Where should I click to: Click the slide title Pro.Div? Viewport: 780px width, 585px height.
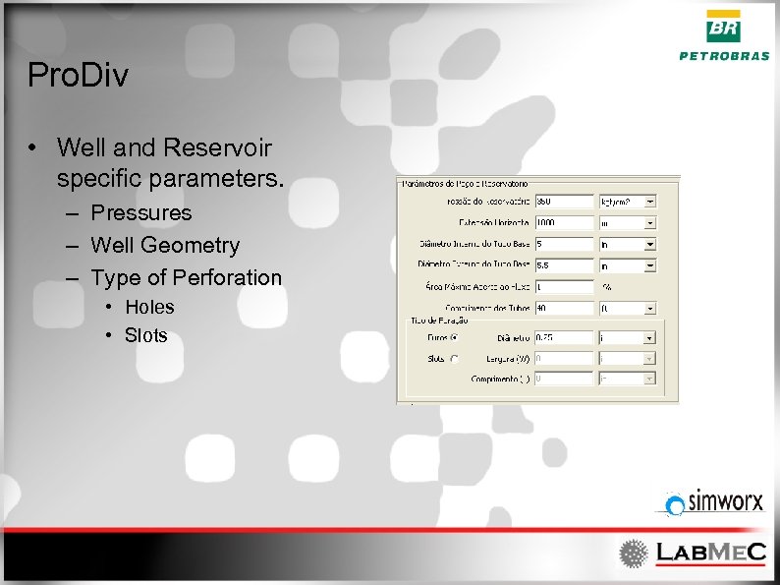(x=78, y=75)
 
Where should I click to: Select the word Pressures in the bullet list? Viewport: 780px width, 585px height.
(x=140, y=212)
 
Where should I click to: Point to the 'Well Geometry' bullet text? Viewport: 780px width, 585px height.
(x=164, y=245)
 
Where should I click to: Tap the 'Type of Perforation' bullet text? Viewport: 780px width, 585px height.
(x=186, y=277)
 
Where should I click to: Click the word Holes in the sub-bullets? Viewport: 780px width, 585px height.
(x=149, y=307)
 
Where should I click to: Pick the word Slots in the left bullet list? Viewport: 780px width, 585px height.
(x=145, y=335)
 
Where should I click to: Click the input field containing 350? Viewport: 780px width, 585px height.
(x=564, y=201)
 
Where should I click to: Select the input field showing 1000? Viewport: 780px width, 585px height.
(x=564, y=222)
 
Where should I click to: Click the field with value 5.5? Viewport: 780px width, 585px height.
(x=564, y=265)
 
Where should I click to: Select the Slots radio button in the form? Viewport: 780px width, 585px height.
(x=454, y=359)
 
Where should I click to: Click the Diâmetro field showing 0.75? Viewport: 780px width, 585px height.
(x=564, y=337)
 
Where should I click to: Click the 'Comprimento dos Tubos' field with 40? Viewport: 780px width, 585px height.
(x=564, y=309)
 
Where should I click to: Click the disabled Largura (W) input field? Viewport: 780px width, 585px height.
(x=564, y=359)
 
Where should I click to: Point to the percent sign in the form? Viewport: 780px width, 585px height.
(x=607, y=287)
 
